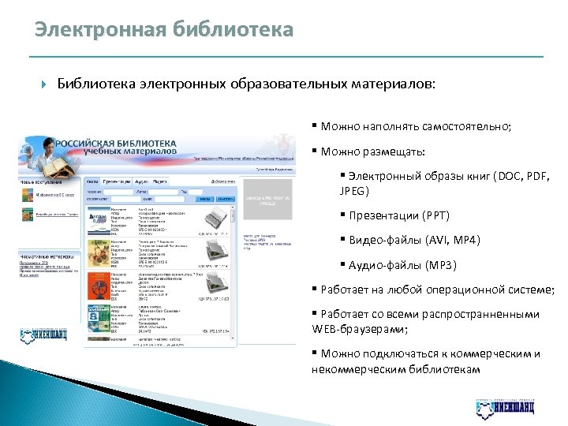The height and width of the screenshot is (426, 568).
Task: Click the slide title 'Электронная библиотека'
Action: tap(163, 30)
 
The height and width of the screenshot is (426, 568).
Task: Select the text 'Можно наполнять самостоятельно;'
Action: tap(415, 126)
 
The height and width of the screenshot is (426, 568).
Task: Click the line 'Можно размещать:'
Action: tap(371, 151)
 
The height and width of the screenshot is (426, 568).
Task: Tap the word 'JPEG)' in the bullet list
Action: tap(354, 192)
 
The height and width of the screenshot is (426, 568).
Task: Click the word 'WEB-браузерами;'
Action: tap(360, 328)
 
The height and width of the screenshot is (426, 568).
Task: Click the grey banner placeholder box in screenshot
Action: tap(267, 199)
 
